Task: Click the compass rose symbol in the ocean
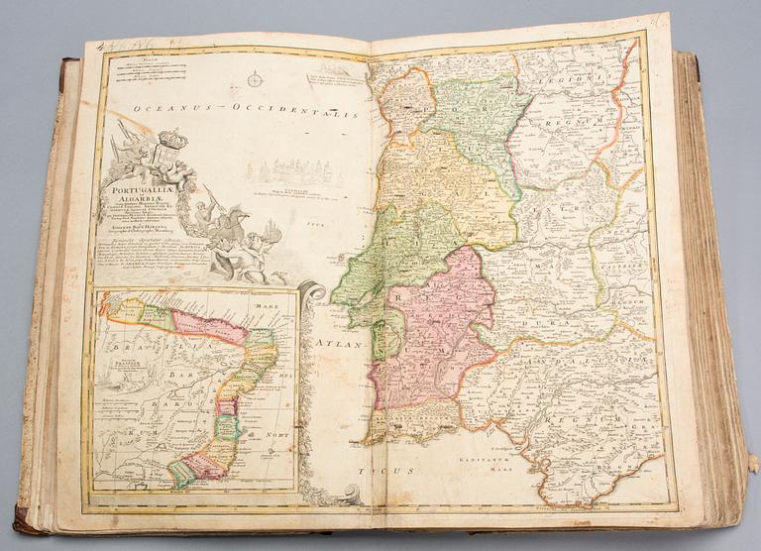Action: pyautogui.click(x=255, y=78)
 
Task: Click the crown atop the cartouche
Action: pyautogui.click(x=172, y=139)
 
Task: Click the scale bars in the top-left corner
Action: pyautogui.click(x=149, y=68)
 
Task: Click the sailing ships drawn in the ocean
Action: pyautogui.click(x=297, y=173)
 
